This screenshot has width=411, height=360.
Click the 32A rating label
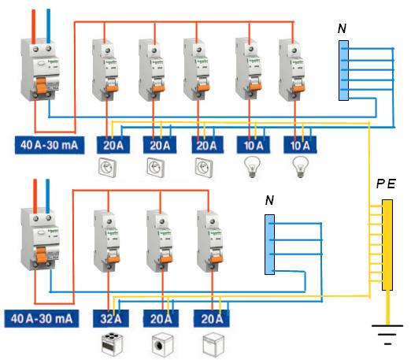pos(109,319)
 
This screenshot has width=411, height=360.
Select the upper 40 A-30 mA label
pos(46,145)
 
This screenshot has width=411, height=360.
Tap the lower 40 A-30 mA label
pos(46,319)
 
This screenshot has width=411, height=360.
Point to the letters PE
pos(386,184)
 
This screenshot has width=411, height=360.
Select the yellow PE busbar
pos(387,244)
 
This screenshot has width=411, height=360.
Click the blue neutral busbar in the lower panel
pos(270,244)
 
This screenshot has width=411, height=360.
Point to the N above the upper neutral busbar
pos(341,29)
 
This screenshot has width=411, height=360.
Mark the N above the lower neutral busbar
pos(269,202)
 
